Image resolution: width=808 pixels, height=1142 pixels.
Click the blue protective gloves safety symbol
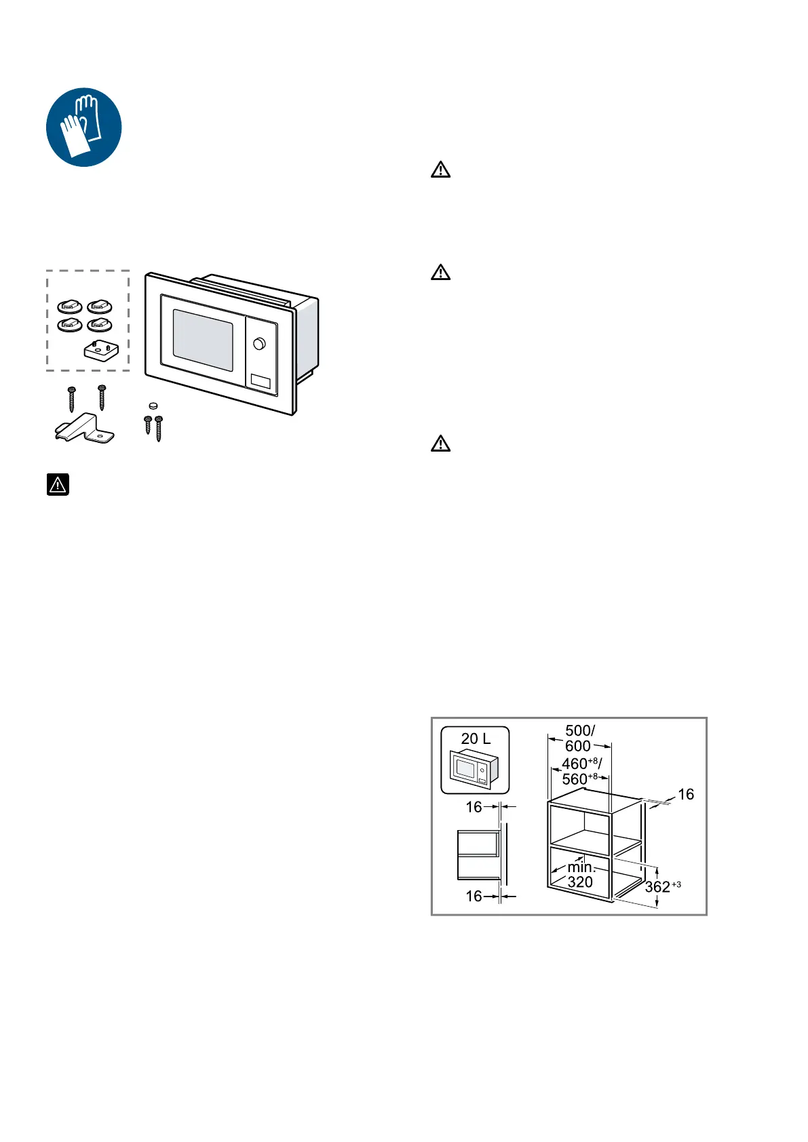coord(83,127)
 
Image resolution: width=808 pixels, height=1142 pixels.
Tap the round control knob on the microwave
coord(259,344)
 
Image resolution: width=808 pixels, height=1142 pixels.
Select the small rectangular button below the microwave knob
coord(261,381)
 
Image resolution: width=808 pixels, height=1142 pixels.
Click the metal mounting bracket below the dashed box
coord(84,429)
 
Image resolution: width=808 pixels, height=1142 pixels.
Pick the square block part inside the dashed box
coord(101,351)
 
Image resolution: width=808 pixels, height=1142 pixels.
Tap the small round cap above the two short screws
coord(153,406)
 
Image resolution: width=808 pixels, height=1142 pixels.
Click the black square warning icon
coord(58,484)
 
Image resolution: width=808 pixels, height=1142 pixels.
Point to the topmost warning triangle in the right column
coord(441,170)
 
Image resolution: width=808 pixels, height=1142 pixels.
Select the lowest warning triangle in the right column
coord(441,444)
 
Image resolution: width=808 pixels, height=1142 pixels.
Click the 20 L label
coord(476,739)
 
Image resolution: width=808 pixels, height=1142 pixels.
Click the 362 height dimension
coord(657,886)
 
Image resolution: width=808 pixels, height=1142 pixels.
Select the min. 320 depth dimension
coord(581,875)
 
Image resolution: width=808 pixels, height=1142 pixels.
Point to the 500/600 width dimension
coord(579,738)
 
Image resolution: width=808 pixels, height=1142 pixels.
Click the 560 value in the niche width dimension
coord(575,779)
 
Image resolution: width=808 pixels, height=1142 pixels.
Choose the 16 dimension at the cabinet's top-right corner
coord(686,794)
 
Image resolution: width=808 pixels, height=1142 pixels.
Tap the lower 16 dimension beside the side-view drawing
coord(474,896)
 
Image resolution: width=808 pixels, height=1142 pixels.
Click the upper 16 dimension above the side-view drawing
coord(474,806)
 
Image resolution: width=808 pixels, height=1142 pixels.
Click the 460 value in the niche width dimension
coord(575,764)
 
